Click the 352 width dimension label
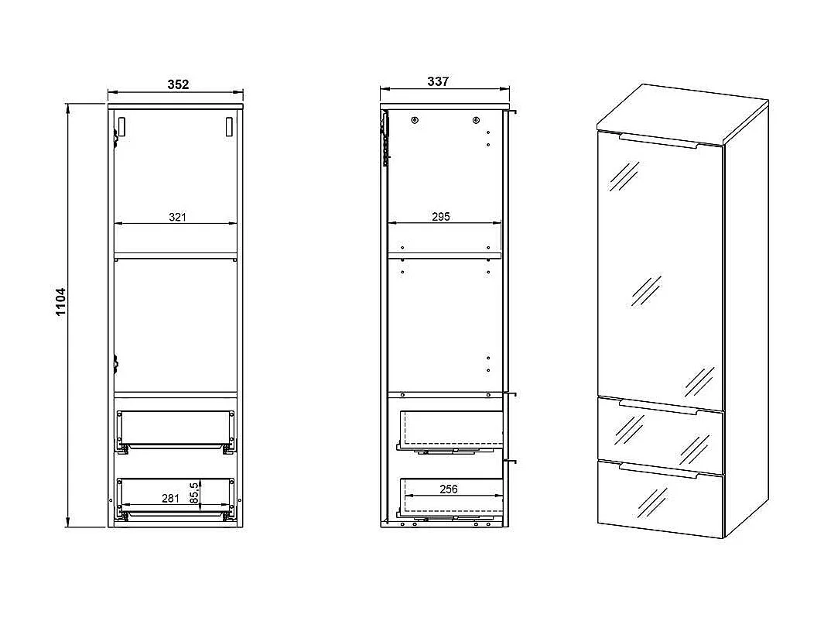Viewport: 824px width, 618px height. click(x=178, y=84)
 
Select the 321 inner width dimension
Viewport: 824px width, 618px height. click(x=178, y=218)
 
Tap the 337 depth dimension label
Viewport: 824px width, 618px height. click(x=438, y=81)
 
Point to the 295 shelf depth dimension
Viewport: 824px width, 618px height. click(x=440, y=217)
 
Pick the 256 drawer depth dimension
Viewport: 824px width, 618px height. click(x=449, y=489)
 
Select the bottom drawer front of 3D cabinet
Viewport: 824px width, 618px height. click(x=659, y=500)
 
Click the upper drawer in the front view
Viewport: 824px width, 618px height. click(x=175, y=428)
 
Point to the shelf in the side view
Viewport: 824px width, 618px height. click(x=444, y=255)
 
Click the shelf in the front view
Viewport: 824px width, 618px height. click(x=176, y=253)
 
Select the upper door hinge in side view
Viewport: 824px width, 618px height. click(x=383, y=139)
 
